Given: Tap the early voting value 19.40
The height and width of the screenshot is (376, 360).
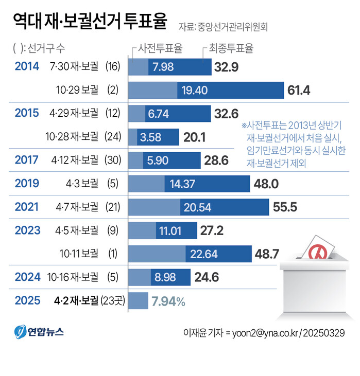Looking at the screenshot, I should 195,91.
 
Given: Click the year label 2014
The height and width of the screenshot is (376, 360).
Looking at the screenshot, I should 27,66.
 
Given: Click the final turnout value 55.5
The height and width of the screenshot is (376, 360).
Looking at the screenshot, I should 285,207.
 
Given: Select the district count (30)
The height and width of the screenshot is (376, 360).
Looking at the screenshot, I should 112,160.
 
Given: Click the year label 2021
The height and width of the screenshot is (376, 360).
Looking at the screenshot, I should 27,207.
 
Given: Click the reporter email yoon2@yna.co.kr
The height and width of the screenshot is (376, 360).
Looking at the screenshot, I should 262,332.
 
